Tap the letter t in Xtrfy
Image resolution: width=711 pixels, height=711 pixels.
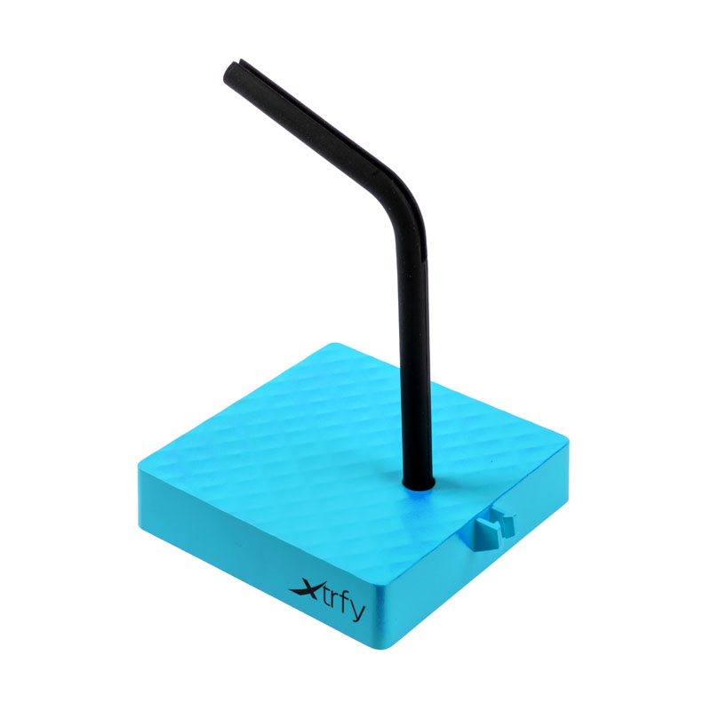click(x=324, y=596)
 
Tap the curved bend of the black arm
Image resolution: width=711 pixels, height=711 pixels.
click(x=403, y=199)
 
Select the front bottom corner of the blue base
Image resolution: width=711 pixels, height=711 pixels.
click(x=382, y=635)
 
